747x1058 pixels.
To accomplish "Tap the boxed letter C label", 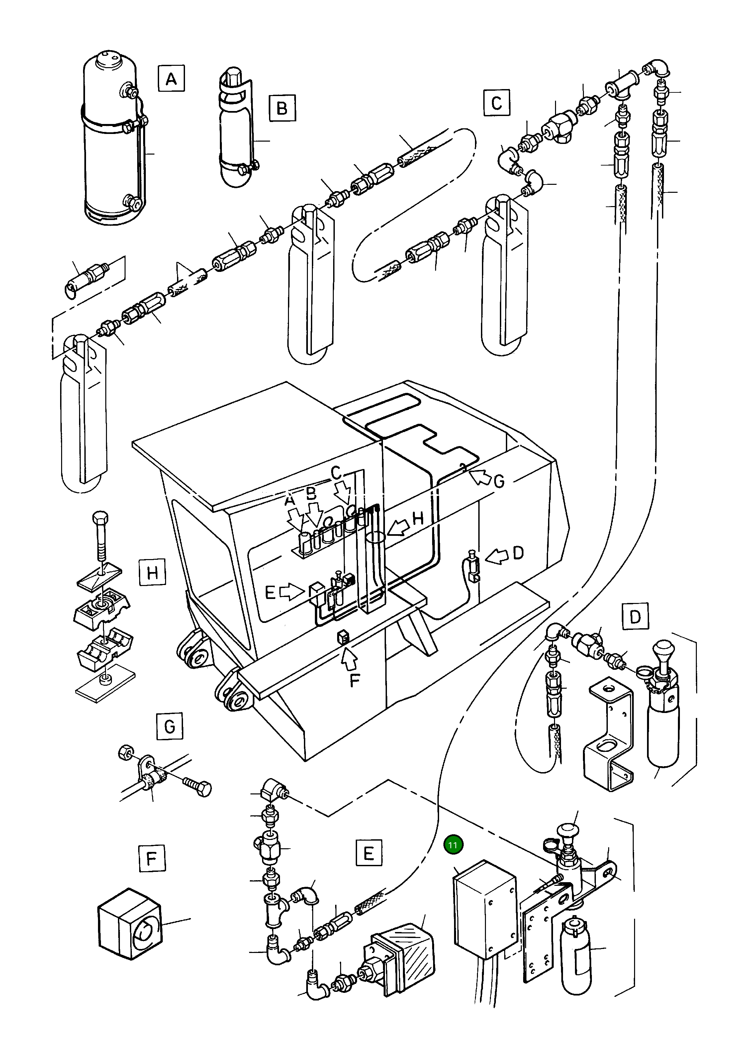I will click(497, 102).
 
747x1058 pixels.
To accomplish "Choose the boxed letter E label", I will click(368, 853).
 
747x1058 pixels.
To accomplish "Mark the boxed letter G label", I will click(169, 726).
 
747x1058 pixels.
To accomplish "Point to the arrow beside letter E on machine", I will click(292, 592).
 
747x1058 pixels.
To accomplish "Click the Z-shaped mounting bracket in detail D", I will click(609, 737).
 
